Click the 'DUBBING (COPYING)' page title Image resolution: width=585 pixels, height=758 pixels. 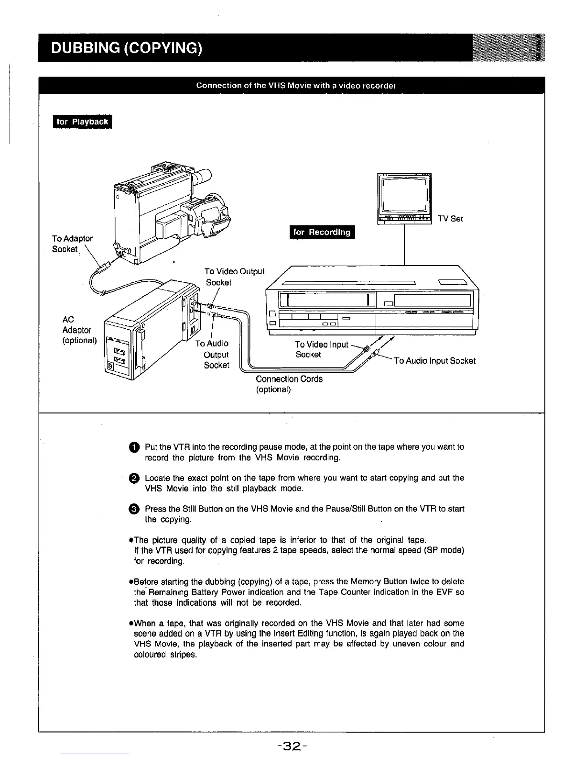[x=127, y=48]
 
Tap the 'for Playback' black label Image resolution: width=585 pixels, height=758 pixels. [x=82, y=122]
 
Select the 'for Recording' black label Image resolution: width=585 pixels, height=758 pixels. [x=322, y=232]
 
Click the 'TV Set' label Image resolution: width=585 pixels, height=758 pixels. [x=450, y=219]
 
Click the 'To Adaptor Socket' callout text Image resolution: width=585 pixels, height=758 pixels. [x=72, y=244]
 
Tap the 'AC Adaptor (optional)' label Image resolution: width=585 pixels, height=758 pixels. [x=79, y=330]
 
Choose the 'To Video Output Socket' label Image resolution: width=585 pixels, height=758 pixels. [x=234, y=277]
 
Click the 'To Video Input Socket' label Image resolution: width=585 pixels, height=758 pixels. [x=322, y=349]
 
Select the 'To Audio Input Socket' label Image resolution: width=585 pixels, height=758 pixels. [x=434, y=361]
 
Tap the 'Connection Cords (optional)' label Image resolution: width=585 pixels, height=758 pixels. [x=289, y=384]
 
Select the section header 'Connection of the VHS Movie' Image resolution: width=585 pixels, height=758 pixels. [x=296, y=86]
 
